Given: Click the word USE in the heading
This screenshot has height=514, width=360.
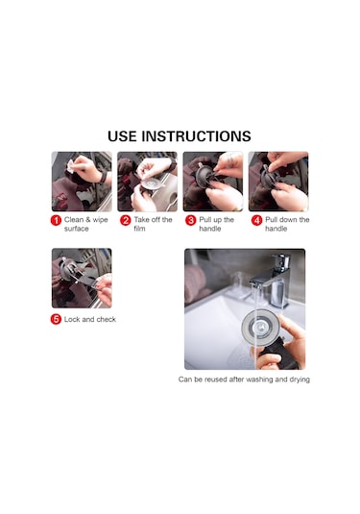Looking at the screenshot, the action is click(122, 136).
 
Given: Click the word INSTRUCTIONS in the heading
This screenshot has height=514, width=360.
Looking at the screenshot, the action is click(196, 136).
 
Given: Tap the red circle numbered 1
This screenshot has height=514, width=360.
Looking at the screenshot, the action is click(56, 220).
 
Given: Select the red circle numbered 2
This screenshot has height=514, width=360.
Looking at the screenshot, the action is click(126, 220).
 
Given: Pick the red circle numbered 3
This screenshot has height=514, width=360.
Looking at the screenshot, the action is click(191, 220).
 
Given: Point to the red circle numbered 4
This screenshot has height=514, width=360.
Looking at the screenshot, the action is click(257, 220).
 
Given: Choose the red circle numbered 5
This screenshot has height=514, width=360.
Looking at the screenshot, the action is click(56, 319).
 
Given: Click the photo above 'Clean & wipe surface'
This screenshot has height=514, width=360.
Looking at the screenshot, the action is click(82, 182).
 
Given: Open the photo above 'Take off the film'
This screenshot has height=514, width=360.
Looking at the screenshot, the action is click(148, 182).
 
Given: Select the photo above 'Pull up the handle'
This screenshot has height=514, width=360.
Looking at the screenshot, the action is click(213, 182).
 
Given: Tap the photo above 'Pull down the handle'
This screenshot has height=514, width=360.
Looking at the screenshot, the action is click(278, 182).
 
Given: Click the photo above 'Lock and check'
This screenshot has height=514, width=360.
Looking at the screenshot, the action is click(82, 279).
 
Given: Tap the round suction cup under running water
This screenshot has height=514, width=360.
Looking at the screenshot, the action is click(258, 327).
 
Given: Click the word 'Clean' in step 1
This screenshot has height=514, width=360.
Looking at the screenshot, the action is click(74, 220).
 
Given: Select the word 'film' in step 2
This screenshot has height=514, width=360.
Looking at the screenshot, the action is click(139, 229).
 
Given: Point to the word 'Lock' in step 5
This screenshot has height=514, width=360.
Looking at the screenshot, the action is click(71, 319).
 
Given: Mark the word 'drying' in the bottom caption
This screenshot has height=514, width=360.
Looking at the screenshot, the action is click(300, 379).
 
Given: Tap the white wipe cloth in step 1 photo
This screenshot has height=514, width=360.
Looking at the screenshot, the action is click(70, 166).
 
